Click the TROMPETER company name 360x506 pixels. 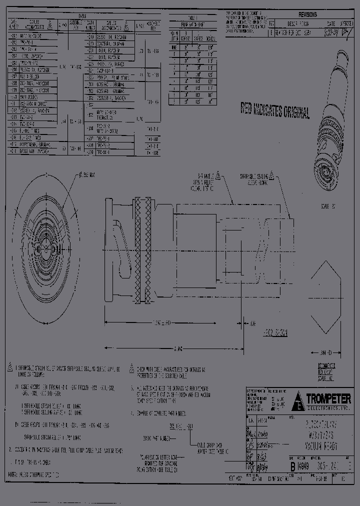(x=328, y=398)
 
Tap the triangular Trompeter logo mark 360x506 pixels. (x=298, y=400)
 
